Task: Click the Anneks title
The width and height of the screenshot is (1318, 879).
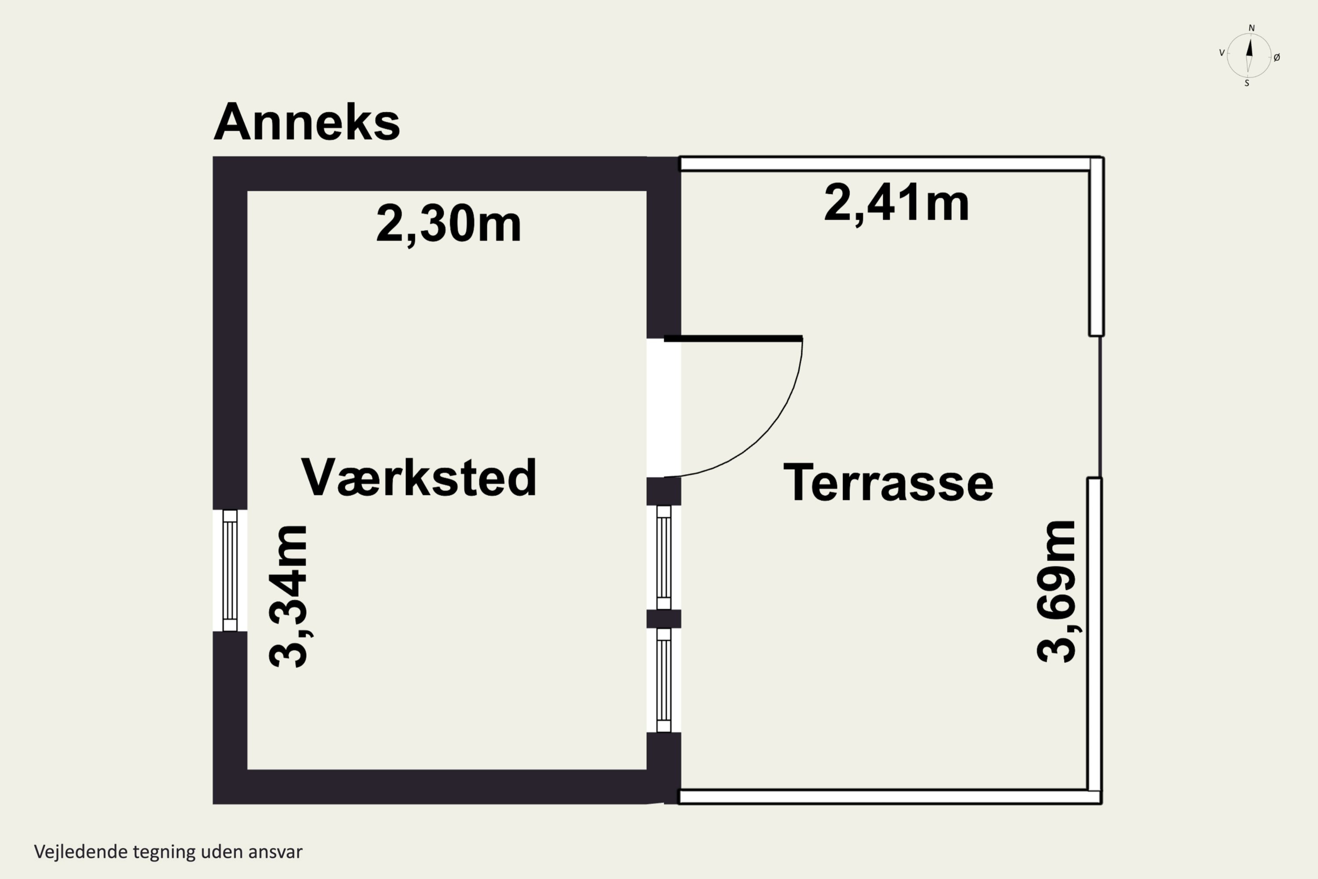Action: (x=307, y=122)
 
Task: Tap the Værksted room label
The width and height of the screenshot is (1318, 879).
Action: (x=419, y=478)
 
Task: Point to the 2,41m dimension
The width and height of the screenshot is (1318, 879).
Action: (x=896, y=203)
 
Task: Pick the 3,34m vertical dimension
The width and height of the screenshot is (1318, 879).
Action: (x=288, y=596)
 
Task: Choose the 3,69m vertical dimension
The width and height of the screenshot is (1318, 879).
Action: (x=1056, y=592)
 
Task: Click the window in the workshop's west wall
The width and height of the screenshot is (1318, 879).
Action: (x=230, y=570)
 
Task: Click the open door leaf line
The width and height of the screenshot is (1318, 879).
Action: (x=733, y=338)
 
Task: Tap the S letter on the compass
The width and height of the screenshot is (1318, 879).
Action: (x=1247, y=84)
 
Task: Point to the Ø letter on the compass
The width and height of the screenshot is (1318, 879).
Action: (x=1277, y=57)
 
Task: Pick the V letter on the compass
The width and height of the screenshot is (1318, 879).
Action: (x=1222, y=53)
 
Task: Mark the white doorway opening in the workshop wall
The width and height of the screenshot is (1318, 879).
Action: (x=663, y=407)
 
